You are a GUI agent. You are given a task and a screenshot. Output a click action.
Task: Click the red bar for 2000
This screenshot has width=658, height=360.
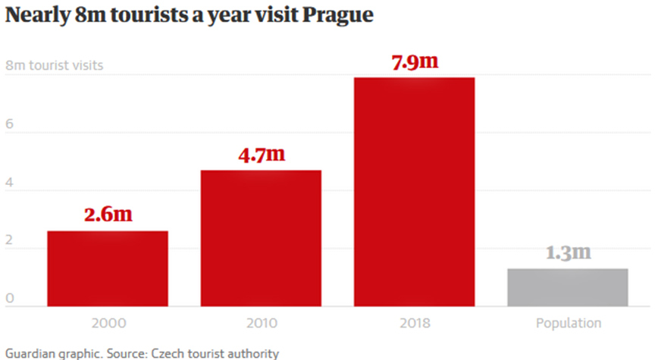coord(107,268)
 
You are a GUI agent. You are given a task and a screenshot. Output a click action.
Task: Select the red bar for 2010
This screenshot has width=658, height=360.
coord(261,238)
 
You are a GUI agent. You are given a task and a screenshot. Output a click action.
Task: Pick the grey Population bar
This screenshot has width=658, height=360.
coord(568,287)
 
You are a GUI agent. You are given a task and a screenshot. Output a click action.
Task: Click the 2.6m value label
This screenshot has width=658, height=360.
coord(107,214)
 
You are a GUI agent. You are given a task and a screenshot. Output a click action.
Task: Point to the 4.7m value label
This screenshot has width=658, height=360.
coord(261,155)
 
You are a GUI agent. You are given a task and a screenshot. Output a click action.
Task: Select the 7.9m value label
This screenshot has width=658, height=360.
coord(414,62)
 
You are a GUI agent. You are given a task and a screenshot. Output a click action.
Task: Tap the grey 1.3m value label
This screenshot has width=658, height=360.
coord(568,252)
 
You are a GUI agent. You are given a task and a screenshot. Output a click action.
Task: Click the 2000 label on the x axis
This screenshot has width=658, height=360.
coord(107,324)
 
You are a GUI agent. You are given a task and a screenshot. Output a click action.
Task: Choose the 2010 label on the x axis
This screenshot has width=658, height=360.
coord(261,324)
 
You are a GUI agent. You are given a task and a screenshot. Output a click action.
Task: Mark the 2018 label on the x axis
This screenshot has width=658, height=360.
coord(414,324)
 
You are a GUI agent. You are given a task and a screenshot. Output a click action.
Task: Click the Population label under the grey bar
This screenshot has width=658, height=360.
coord(568,324)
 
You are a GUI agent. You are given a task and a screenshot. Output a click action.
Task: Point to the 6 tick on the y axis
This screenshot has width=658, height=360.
coord(9,130)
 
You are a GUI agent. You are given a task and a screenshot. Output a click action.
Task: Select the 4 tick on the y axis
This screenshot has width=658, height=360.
coord(9,189)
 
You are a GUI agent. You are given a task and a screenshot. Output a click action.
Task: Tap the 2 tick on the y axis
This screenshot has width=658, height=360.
coord(9,247)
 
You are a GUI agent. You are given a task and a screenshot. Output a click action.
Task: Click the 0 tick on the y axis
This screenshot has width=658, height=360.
coord(9,299)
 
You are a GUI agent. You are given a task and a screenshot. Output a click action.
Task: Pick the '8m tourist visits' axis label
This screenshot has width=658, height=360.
coord(54,66)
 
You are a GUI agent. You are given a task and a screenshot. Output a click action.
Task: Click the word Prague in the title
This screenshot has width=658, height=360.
coord(337,16)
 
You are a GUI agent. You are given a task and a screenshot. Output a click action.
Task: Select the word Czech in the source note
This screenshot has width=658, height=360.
coord(174,353)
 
